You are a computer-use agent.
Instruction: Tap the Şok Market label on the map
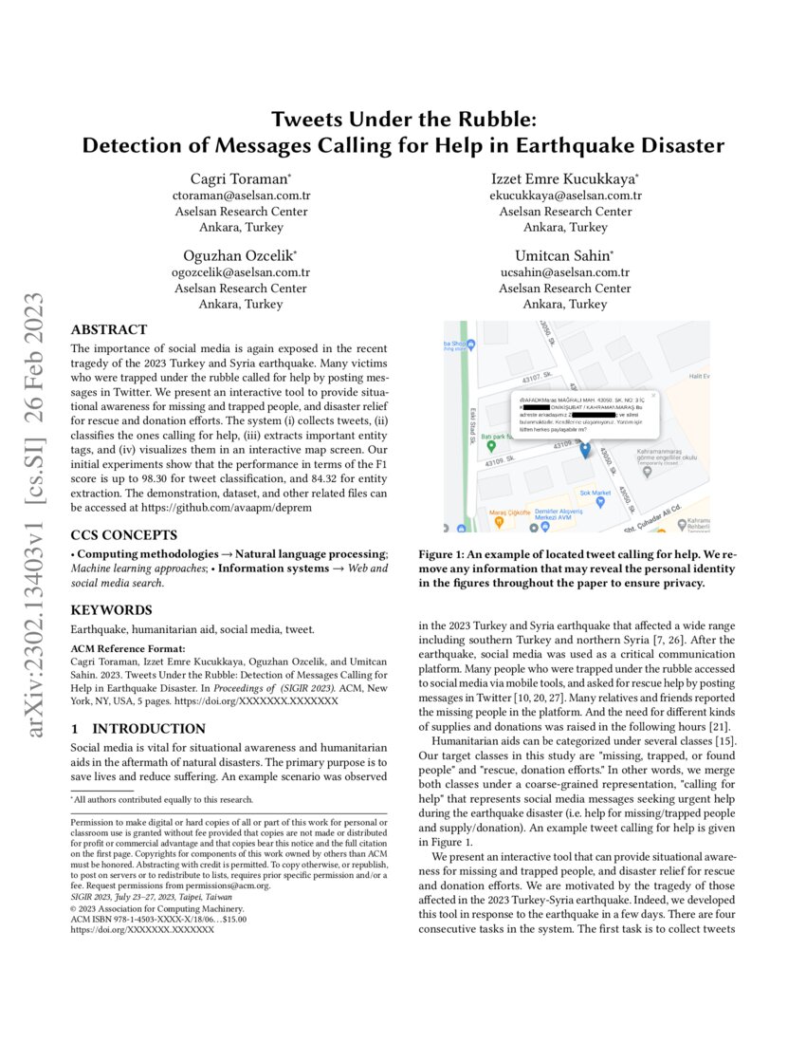(x=595, y=493)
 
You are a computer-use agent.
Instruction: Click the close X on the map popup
(x=652, y=395)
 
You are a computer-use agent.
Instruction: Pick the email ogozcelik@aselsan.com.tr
(x=241, y=272)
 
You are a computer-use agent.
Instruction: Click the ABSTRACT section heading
(x=109, y=330)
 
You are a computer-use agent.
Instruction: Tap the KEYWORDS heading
(x=112, y=609)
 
